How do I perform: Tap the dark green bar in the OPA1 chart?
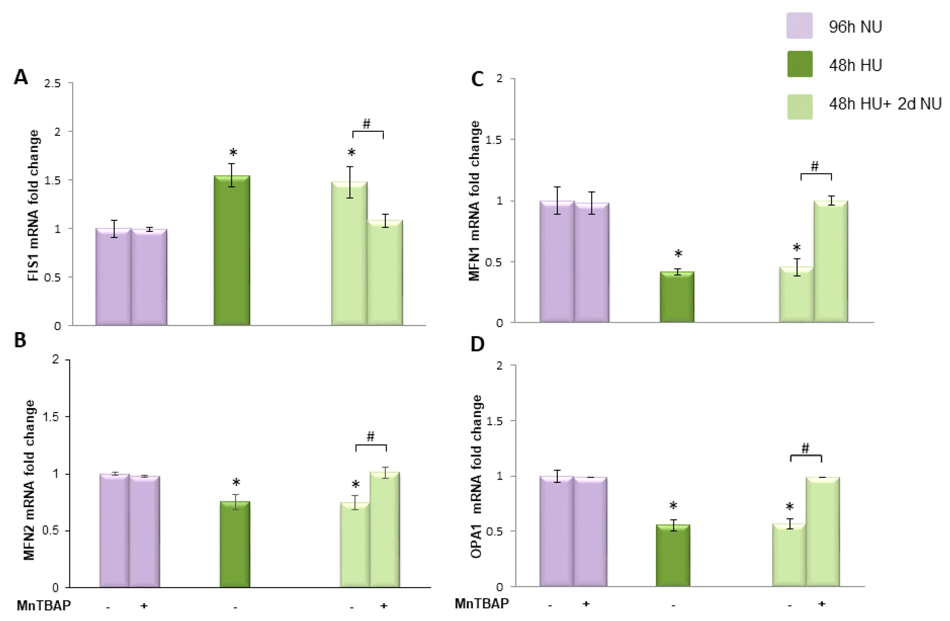pyautogui.click(x=673, y=556)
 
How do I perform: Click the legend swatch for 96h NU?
pyautogui.click(x=799, y=26)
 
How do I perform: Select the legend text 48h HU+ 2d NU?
pyautogui.click(x=885, y=104)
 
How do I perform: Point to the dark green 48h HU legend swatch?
pyautogui.click(x=799, y=64)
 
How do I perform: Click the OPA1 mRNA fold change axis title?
pyautogui.click(x=476, y=477)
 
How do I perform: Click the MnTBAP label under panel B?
pyautogui.click(x=43, y=605)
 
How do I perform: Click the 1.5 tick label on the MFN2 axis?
pyautogui.click(x=50, y=417)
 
